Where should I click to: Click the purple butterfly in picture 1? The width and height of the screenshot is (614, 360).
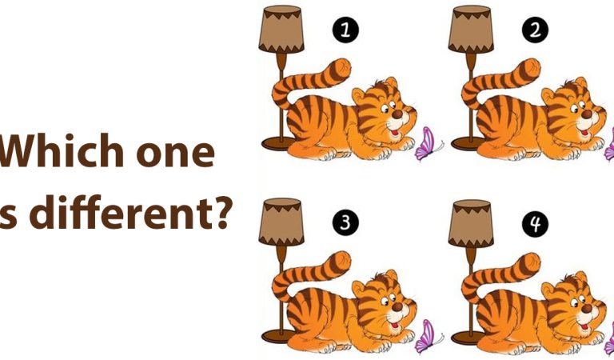[x=429, y=145]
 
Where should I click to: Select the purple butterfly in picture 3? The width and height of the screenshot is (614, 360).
[x=429, y=337]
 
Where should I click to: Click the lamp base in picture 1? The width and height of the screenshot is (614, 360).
[x=279, y=143]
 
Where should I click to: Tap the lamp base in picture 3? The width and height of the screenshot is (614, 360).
[x=279, y=335]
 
